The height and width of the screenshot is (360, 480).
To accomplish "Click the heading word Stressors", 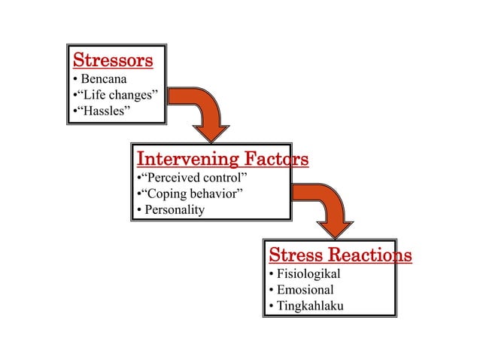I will tap(112, 59).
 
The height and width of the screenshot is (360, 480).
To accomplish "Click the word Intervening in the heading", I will tap(178, 159).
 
